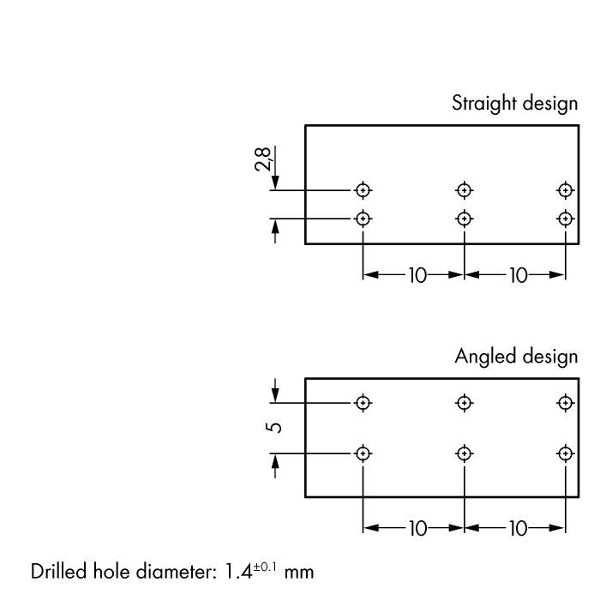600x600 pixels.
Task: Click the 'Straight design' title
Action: tap(514, 104)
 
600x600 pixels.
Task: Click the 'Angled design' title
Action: tap(516, 357)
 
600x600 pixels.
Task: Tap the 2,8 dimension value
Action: tap(264, 160)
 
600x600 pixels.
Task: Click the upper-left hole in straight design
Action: tap(363, 189)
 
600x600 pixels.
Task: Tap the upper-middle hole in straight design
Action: tap(464, 189)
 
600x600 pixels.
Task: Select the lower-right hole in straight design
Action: tap(565, 218)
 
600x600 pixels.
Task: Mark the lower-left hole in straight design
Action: tap(363, 218)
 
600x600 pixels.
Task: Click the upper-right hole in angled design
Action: tap(565, 402)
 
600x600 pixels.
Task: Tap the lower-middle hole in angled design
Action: tap(464, 453)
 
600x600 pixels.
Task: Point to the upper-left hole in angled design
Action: tap(363, 402)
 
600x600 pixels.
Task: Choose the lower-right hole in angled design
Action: tap(565, 453)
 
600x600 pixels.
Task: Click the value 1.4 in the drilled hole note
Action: tap(237, 571)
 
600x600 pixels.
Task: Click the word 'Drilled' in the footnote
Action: tap(59, 571)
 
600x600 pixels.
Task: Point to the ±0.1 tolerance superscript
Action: tap(267, 566)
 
